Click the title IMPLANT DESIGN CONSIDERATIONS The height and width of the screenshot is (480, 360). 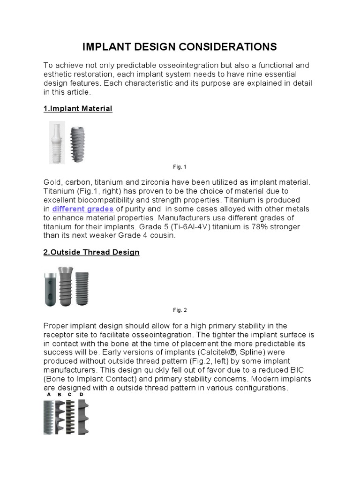[180, 47]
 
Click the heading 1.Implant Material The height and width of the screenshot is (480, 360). [78, 109]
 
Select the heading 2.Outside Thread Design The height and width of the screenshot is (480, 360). [91, 252]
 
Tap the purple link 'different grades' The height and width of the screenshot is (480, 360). [82, 209]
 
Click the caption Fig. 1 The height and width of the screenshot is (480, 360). [180, 167]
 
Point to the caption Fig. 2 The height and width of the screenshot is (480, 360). [180, 310]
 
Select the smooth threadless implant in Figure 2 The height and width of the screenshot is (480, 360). [50, 289]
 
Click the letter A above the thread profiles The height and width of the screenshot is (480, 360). [48, 395]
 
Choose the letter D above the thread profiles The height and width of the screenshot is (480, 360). [81, 395]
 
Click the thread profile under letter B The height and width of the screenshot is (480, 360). [60, 416]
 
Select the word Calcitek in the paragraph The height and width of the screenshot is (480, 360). [220, 352]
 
